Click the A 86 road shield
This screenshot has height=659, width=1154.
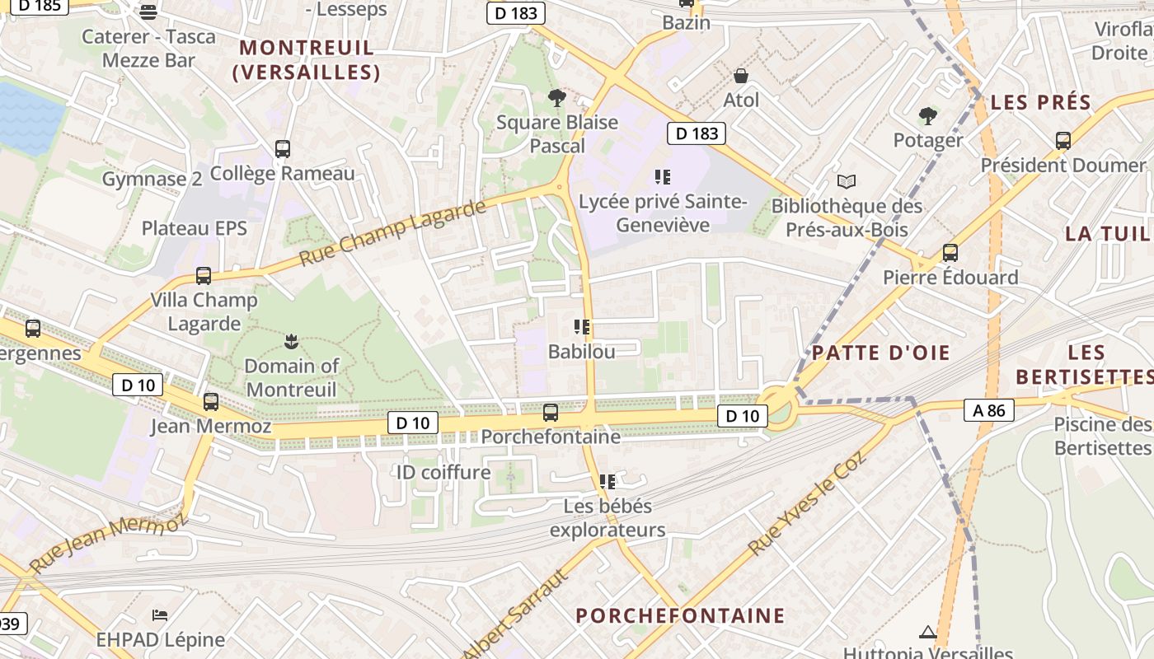[x=988, y=409]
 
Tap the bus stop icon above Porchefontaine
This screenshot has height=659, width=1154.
[x=551, y=412]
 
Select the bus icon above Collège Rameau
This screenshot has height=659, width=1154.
[x=283, y=149]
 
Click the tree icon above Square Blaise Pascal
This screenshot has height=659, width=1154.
[x=557, y=98]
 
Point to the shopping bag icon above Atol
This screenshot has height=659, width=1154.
[x=741, y=76]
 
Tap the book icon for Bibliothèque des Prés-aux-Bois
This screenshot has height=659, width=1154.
[x=847, y=181]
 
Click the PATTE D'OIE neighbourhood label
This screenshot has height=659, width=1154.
[x=880, y=353]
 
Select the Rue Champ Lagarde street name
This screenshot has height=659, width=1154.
[x=392, y=232]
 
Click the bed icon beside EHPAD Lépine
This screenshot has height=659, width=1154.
[x=160, y=615]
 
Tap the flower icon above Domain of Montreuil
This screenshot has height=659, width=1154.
[x=290, y=340]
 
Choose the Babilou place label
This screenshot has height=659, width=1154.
[x=582, y=352]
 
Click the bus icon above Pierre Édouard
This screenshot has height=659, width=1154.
[x=950, y=253]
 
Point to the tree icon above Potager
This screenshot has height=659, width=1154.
[x=928, y=115]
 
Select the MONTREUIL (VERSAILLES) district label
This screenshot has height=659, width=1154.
[x=307, y=59]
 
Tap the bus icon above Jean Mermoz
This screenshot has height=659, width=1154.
[x=211, y=402]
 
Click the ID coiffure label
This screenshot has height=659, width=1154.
[x=443, y=472]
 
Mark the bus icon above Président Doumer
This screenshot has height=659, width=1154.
[x=1063, y=141]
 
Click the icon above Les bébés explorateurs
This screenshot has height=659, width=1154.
[x=607, y=481]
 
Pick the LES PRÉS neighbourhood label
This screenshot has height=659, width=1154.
[x=1041, y=103]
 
